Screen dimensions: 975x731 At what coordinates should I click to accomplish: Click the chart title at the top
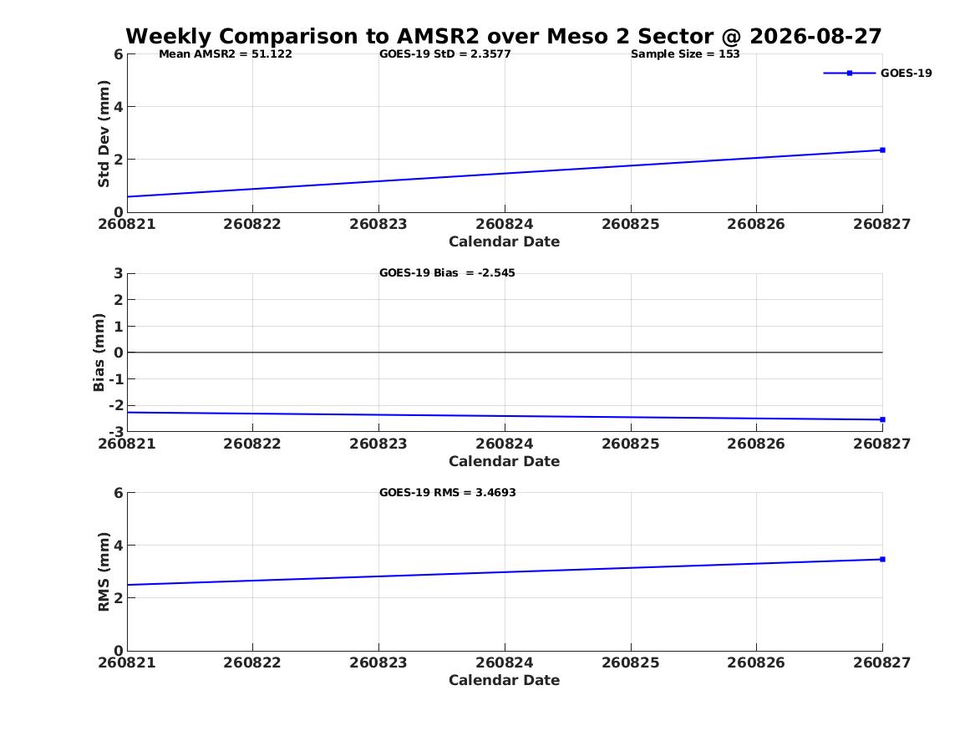tap(504, 36)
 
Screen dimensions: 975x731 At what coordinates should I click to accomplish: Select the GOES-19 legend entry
tap(877, 73)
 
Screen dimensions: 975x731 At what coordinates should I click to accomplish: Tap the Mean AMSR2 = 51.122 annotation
tap(225, 53)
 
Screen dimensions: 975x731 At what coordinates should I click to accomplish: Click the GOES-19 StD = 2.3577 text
tap(445, 53)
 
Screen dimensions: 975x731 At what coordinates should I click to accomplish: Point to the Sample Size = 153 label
tap(685, 53)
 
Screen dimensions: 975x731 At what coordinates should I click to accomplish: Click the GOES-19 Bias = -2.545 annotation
tap(447, 272)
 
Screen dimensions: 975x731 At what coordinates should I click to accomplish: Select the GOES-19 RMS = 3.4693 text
tap(448, 492)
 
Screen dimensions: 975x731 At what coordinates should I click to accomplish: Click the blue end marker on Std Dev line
tap(882, 150)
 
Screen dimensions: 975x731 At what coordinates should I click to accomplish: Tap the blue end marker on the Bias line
tap(882, 419)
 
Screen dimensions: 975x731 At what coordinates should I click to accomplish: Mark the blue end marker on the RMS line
tap(882, 560)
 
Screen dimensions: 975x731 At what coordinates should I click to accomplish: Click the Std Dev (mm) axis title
tap(104, 134)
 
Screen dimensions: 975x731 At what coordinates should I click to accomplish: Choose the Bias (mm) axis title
tap(99, 353)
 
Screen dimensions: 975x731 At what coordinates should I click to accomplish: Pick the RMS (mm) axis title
tap(104, 572)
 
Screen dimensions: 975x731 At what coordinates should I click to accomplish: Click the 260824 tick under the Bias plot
tap(505, 444)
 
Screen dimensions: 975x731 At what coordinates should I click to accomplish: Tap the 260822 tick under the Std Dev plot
tap(251, 224)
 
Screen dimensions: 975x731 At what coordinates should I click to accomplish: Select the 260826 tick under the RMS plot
tap(756, 662)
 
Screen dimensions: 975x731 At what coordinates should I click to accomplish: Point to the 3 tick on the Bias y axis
tap(118, 273)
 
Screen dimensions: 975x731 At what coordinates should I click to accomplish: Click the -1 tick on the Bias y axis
tap(116, 379)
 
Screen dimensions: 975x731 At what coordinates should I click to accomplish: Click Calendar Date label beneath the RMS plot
tap(505, 680)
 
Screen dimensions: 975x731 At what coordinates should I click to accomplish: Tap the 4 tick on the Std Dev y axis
tap(118, 106)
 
